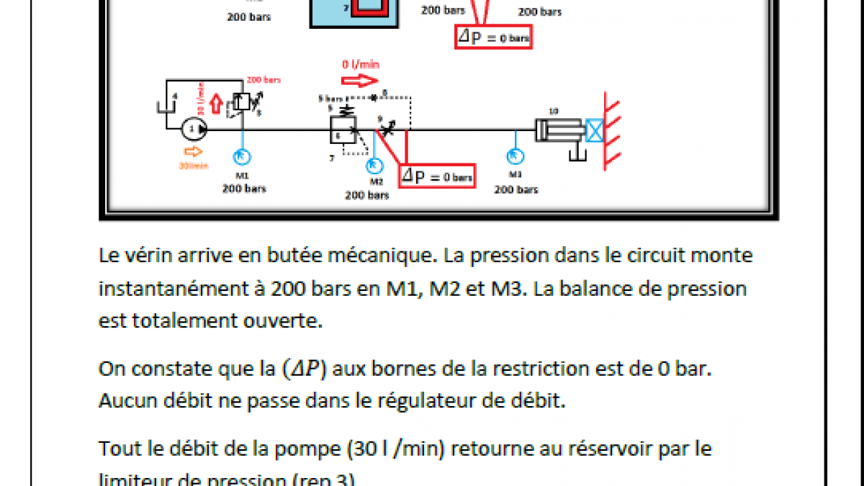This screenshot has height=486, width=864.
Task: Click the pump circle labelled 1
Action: click(194, 129)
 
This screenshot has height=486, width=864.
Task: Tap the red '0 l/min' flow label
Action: click(361, 64)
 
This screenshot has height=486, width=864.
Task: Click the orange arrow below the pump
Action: click(194, 151)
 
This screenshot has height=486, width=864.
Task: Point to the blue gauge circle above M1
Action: click(241, 156)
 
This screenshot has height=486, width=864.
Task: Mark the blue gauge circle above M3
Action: click(516, 156)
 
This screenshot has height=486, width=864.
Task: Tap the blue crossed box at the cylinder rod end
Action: click(595, 130)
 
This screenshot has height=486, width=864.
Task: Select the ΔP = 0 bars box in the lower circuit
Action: click(438, 175)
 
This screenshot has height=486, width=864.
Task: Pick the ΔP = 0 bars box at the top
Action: click(493, 37)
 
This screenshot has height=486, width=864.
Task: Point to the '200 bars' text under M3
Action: click(516, 189)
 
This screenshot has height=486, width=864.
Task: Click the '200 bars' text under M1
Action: click(243, 189)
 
